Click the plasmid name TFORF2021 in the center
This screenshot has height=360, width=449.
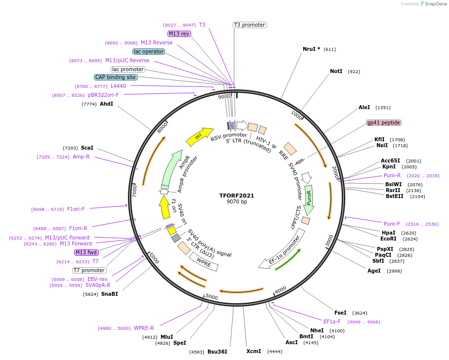coord(237,196)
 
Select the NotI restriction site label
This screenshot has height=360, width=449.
coord(336,72)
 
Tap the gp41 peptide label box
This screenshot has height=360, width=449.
coord(383,122)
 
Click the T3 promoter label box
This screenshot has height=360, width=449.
coord(249,25)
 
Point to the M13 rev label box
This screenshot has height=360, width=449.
coord(179,34)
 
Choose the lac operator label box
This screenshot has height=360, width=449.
coord(149,51)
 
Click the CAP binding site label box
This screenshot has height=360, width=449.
coord(116,77)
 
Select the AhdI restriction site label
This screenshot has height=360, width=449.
coord(106,104)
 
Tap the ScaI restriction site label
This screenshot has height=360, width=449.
coord(87,148)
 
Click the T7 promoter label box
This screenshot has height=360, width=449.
coord(89,270)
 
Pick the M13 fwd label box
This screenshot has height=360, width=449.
coord(86,252)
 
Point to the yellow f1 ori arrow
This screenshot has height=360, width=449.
coord(164,206)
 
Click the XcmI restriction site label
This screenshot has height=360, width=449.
coord(253,351)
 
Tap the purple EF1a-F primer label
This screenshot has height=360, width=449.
coord(332,321)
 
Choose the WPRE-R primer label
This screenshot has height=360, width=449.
coord(144,328)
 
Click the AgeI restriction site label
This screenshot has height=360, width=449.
coord(374,271)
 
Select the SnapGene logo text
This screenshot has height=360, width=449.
coord(434,4)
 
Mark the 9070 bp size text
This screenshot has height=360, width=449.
coord(237,202)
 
